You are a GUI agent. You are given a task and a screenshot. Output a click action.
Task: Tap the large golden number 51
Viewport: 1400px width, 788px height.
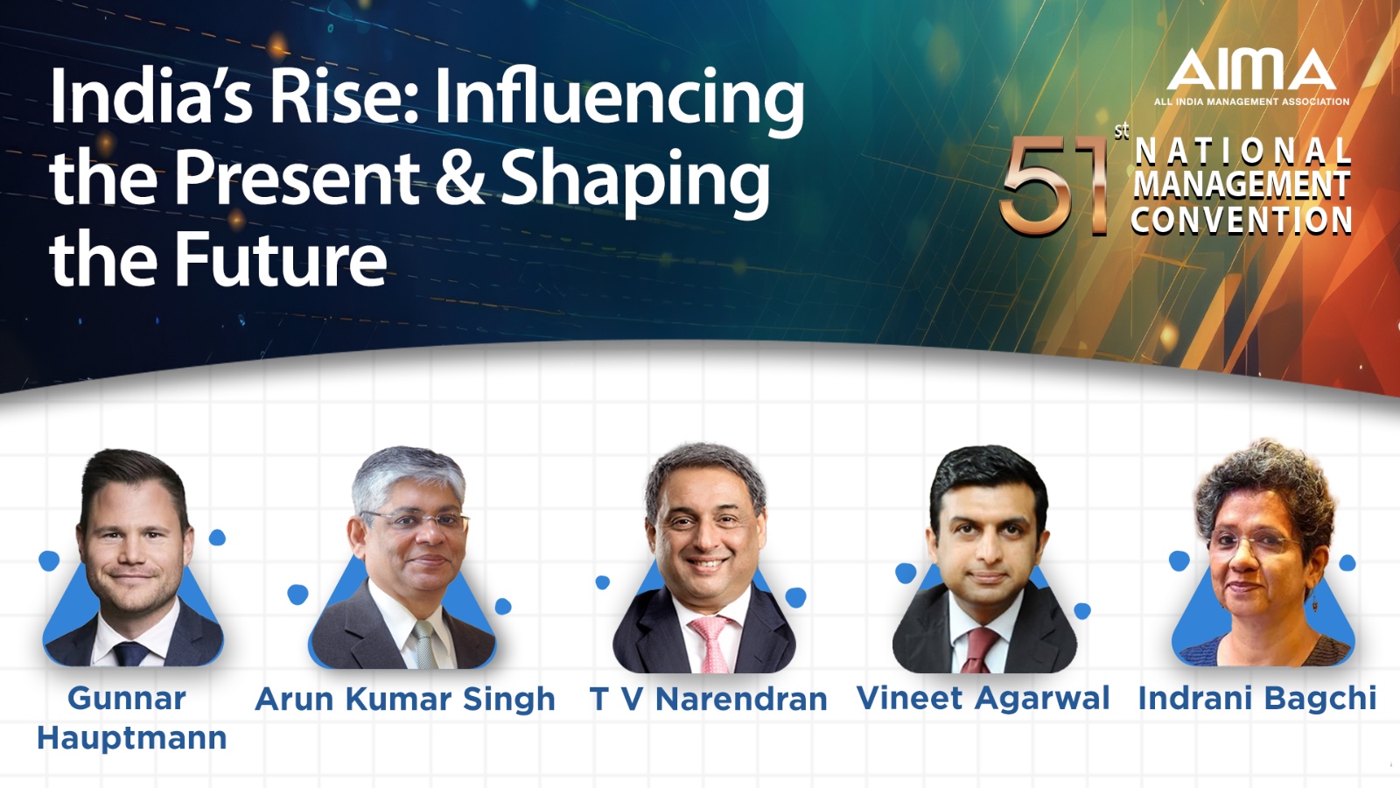click(1053, 185)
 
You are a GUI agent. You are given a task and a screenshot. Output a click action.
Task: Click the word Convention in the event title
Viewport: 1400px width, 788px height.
click(1242, 220)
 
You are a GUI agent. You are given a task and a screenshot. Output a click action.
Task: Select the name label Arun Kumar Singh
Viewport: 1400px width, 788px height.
click(405, 700)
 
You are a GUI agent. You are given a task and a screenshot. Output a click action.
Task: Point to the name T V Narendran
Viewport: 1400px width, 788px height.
click(708, 699)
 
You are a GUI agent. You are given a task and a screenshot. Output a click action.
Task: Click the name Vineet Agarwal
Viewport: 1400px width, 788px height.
click(983, 698)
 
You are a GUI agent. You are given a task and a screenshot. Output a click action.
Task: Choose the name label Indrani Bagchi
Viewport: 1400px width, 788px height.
click(1256, 698)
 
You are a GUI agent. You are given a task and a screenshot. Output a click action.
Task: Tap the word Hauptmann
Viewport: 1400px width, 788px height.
click(132, 739)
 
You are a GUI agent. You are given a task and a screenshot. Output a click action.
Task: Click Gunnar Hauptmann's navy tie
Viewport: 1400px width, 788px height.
click(130, 653)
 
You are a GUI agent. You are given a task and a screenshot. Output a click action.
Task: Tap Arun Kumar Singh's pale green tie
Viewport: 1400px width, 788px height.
click(425, 644)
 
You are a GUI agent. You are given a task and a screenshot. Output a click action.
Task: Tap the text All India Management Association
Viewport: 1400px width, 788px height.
click(1251, 102)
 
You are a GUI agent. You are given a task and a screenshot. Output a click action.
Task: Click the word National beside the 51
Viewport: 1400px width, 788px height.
click(1242, 152)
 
